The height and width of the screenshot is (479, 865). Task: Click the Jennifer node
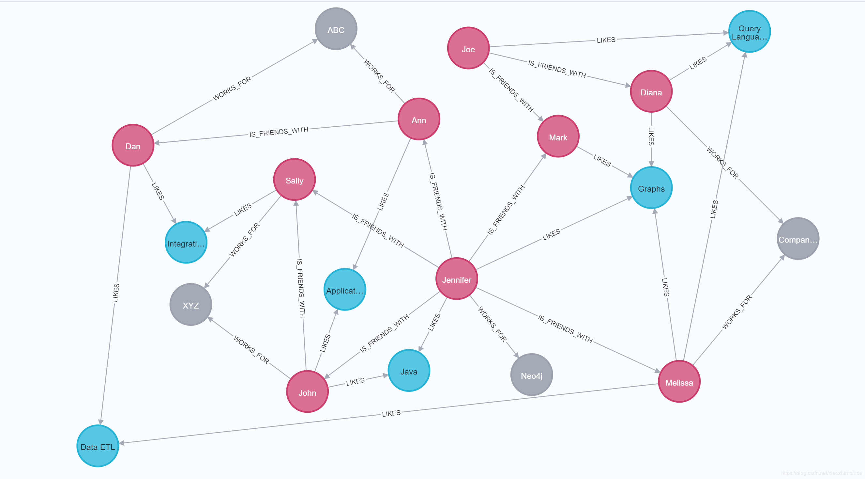(456, 279)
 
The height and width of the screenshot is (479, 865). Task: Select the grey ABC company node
(336, 29)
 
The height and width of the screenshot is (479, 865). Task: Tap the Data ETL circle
(98, 446)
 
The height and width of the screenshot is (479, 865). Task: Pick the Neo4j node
(531, 375)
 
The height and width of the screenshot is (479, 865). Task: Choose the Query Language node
(749, 32)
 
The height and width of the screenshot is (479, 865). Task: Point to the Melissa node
(679, 381)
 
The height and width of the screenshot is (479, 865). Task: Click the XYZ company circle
(191, 305)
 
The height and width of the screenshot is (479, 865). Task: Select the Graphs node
(651, 188)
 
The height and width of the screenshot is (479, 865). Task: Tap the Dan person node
(133, 146)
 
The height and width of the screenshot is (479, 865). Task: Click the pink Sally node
(295, 180)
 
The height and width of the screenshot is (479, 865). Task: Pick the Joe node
(468, 48)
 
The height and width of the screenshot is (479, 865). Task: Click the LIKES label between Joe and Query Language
(606, 40)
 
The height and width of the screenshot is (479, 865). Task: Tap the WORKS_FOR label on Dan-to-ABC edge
(232, 88)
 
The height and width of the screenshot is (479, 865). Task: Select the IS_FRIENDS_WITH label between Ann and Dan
(278, 132)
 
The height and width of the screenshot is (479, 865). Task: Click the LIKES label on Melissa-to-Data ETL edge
(391, 413)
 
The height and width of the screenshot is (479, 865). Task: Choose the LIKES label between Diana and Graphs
(651, 136)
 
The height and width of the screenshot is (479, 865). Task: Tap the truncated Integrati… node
(186, 242)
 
